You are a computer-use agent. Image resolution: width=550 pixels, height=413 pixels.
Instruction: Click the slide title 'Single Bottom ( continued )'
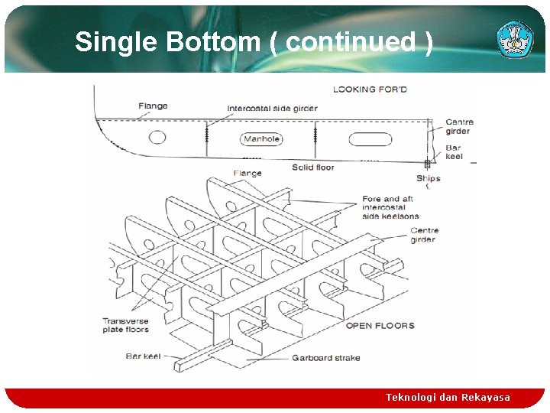point(254,42)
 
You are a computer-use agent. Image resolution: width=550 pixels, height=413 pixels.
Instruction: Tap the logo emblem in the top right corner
point(515,39)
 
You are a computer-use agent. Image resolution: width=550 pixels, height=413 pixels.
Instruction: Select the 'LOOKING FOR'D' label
point(370,89)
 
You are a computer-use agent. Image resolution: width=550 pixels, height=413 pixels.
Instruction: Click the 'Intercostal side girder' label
point(272,109)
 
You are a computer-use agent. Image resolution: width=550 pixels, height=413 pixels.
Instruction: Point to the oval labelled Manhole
point(261,139)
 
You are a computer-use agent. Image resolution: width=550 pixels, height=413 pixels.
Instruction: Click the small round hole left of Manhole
point(157,138)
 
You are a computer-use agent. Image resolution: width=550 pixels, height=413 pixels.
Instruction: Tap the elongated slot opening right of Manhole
point(370,140)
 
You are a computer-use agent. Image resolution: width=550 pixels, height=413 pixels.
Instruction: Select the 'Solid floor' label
point(313,167)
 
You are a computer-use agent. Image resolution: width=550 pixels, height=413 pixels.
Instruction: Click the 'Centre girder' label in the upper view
point(459,126)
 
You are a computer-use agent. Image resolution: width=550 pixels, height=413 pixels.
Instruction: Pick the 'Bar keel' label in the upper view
point(454,151)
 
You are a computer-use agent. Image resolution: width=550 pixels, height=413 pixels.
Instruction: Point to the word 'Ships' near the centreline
point(429,179)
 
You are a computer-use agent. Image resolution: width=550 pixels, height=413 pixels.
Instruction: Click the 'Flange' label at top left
point(153,106)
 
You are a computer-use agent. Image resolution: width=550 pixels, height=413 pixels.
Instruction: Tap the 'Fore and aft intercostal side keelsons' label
point(391,207)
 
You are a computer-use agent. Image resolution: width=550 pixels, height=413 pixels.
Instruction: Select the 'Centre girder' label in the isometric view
point(424,235)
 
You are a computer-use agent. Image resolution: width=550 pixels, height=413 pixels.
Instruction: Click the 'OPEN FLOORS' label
point(380,326)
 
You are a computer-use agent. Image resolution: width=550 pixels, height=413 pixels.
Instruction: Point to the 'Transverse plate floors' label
point(125,326)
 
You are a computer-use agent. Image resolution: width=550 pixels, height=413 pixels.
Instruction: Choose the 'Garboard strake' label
point(325,357)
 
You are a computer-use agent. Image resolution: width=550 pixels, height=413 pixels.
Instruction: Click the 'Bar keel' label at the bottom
point(144,356)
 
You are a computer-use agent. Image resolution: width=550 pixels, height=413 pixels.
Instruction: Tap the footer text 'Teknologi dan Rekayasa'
point(448,397)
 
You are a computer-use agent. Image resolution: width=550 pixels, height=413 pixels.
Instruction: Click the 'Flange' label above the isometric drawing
point(247,174)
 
